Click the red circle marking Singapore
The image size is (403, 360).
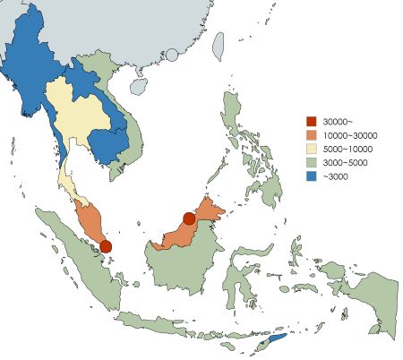point(106,246)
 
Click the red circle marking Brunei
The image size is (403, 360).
point(189,219)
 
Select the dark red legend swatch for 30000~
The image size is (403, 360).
point(311,120)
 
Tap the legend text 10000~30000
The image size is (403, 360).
point(348,134)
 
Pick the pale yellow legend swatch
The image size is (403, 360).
point(311,149)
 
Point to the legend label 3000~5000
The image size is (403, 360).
point(346,163)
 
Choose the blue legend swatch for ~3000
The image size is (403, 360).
point(311,177)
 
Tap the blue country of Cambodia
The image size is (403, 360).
point(105,143)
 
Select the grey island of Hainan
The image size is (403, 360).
point(139,87)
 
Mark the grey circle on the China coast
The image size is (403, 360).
point(171,56)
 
